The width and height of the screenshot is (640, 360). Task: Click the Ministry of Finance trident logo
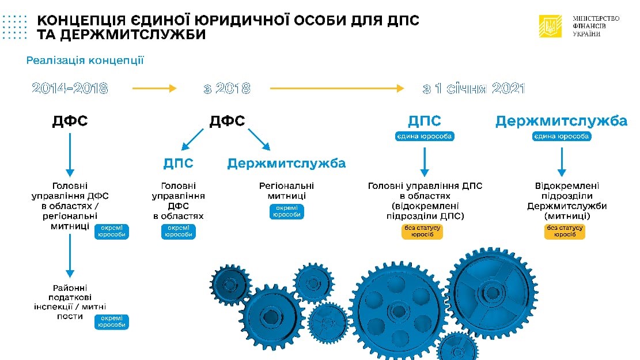[550, 26]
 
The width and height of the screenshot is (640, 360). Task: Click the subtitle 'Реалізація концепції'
[85, 60]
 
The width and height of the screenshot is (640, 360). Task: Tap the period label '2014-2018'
[70, 89]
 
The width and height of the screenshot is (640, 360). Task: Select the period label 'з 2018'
[227, 89]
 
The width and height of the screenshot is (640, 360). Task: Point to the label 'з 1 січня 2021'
[474, 89]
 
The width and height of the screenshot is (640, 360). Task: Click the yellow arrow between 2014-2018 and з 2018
[154, 89]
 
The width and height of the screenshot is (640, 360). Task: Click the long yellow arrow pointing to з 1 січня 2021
[336, 89]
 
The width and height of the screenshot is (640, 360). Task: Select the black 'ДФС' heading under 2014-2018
[70, 122]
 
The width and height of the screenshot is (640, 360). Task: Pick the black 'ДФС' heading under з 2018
[227, 122]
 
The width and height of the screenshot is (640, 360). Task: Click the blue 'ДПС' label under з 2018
[179, 163]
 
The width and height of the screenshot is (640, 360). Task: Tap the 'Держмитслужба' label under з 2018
[286, 163]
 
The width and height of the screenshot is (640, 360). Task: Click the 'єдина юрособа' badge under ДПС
[425, 137]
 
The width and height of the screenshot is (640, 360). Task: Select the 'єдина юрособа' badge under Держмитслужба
[561, 137]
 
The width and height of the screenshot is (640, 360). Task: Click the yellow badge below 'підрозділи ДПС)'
[423, 232]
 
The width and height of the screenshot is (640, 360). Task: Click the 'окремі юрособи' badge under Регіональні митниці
[286, 211]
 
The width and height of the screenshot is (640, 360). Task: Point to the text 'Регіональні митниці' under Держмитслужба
[286, 191]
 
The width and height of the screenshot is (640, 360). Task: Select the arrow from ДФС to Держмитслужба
[259, 140]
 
